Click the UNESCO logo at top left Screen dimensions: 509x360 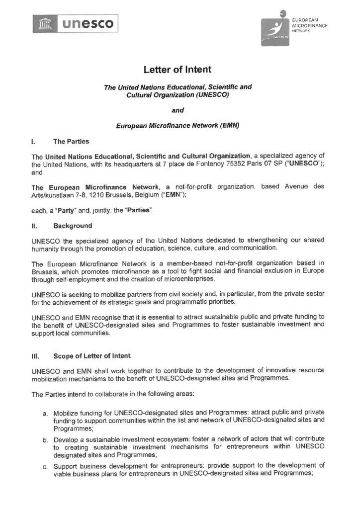coord(73,23)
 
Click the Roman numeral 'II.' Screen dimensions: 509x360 coord(34,226)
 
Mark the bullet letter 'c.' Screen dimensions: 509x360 coord(45,466)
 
